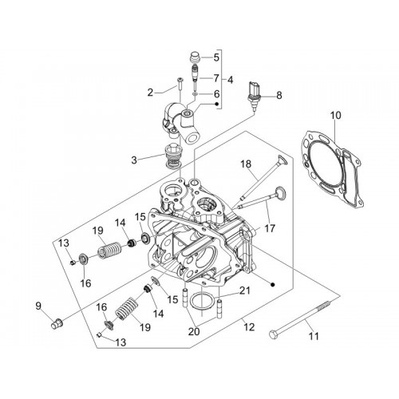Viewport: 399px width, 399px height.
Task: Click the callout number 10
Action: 336,116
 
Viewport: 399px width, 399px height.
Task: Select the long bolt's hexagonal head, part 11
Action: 274,334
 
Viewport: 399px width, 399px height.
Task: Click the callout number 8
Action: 279,95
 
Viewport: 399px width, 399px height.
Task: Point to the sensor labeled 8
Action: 255,96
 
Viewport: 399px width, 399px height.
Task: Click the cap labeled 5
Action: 196,57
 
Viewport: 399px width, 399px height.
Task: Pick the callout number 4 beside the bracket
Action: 230,80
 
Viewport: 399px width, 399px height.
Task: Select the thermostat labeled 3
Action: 173,156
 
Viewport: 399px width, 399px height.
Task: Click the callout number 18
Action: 246,164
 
